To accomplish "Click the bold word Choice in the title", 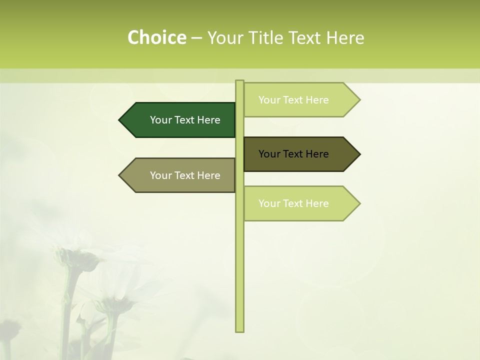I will (x=156, y=38).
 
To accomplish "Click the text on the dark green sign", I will (x=185, y=120).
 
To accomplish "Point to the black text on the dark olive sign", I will (x=294, y=154).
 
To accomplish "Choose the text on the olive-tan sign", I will (x=185, y=175).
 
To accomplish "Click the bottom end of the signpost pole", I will (x=239, y=330).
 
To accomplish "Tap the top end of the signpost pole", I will (x=239, y=82).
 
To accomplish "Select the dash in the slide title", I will (x=196, y=38).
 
